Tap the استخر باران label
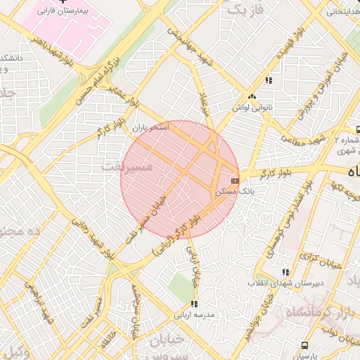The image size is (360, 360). tap(150, 128)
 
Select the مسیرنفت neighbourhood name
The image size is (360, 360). tap(126, 166)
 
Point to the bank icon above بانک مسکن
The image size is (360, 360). tap(234, 181)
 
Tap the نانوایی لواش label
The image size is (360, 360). tap(252, 108)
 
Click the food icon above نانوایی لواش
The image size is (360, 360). tap(252, 97)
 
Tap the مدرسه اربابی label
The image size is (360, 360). tap(195, 316)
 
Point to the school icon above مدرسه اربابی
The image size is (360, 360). tap(194, 304)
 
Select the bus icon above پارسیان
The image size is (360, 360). tap(304, 345)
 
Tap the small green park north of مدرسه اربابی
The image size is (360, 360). tap(182, 285)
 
